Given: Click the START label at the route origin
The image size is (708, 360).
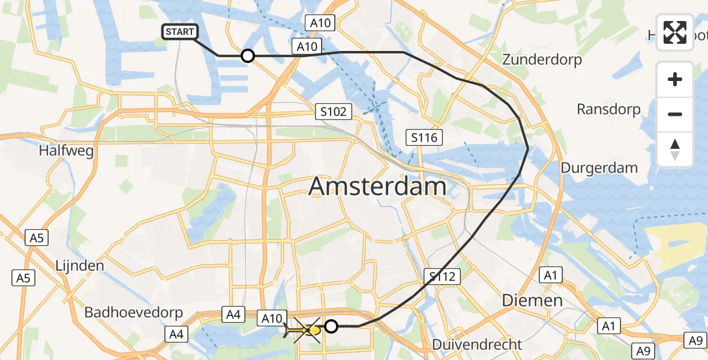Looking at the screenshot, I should click(x=180, y=32).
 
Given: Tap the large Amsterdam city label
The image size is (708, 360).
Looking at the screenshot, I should click(x=377, y=187).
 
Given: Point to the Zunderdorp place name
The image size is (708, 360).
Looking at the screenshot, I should click(x=544, y=60).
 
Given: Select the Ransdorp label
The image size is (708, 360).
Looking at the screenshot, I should click(x=608, y=109).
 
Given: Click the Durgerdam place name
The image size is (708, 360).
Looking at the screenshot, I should click(x=599, y=168).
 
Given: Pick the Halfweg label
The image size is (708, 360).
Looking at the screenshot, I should click(x=66, y=151).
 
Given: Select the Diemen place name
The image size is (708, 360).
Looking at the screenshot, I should click(x=524, y=300).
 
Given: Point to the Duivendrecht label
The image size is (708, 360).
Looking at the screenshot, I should click(x=478, y=344).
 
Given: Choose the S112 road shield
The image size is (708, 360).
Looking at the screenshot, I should click(x=443, y=277).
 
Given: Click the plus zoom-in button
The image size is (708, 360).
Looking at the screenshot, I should click(x=675, y=79).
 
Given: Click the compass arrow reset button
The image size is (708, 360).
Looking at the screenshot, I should click(x=675, y=149).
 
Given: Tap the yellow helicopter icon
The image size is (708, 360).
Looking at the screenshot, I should click(x=304, y=329).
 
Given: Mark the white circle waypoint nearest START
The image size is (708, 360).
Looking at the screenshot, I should click(x=248, y=56).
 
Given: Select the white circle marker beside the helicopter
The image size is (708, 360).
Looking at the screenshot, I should click(x=331, y=326).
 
